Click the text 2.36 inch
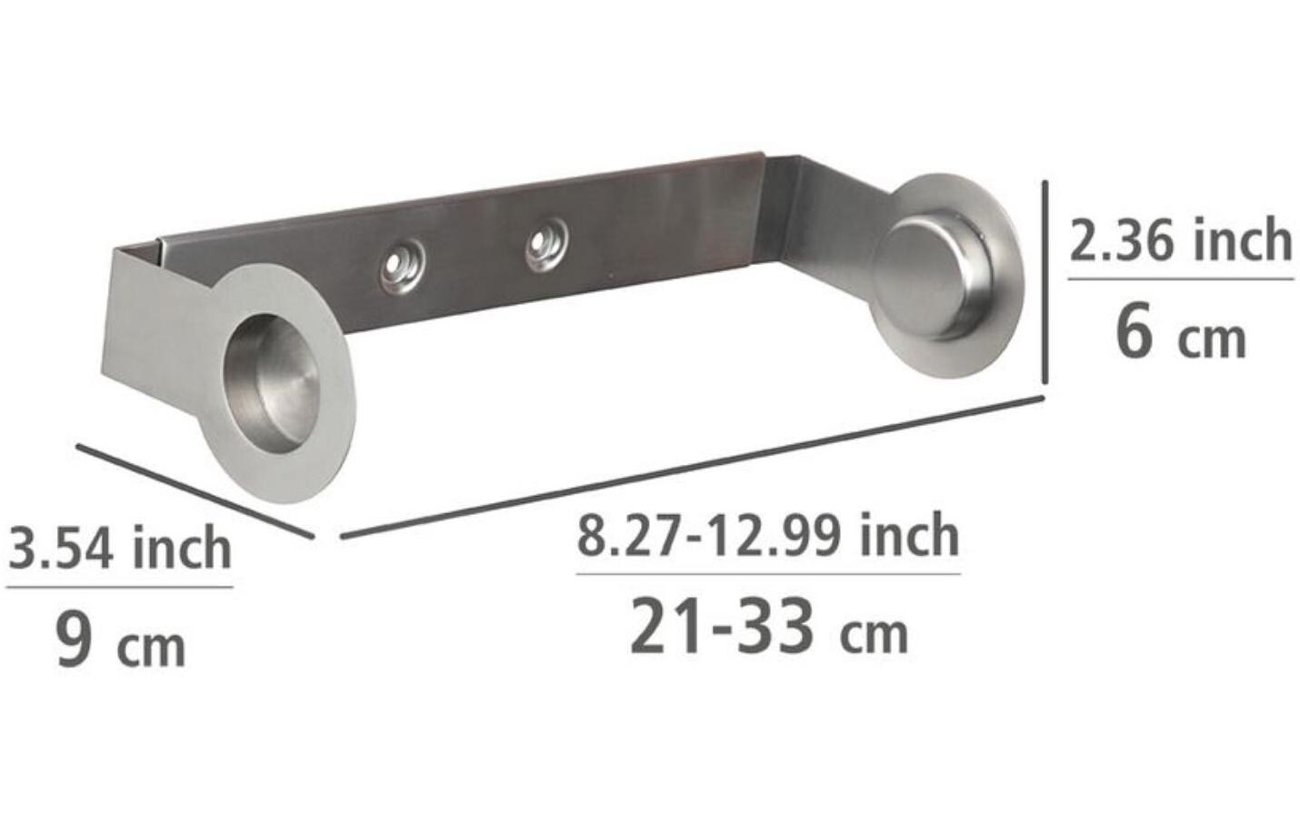(x=1179, y=240)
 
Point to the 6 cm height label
(x=1179, y=334)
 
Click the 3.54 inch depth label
(x=120, y=549)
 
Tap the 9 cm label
(x=120, y=641)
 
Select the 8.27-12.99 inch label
(x=768, y=536)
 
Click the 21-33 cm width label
(x=768, y=628)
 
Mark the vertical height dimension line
(x=1046, y=282)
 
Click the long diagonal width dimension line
(x=691, y=467)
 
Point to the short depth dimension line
(x=195, y=490)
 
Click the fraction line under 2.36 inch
(x=1179, y=279)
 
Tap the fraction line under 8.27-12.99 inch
(x=768, y=573)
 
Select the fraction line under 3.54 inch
(x=120, y=587)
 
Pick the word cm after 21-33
(x=873, y=634)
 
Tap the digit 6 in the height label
(x=1134, y=332)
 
